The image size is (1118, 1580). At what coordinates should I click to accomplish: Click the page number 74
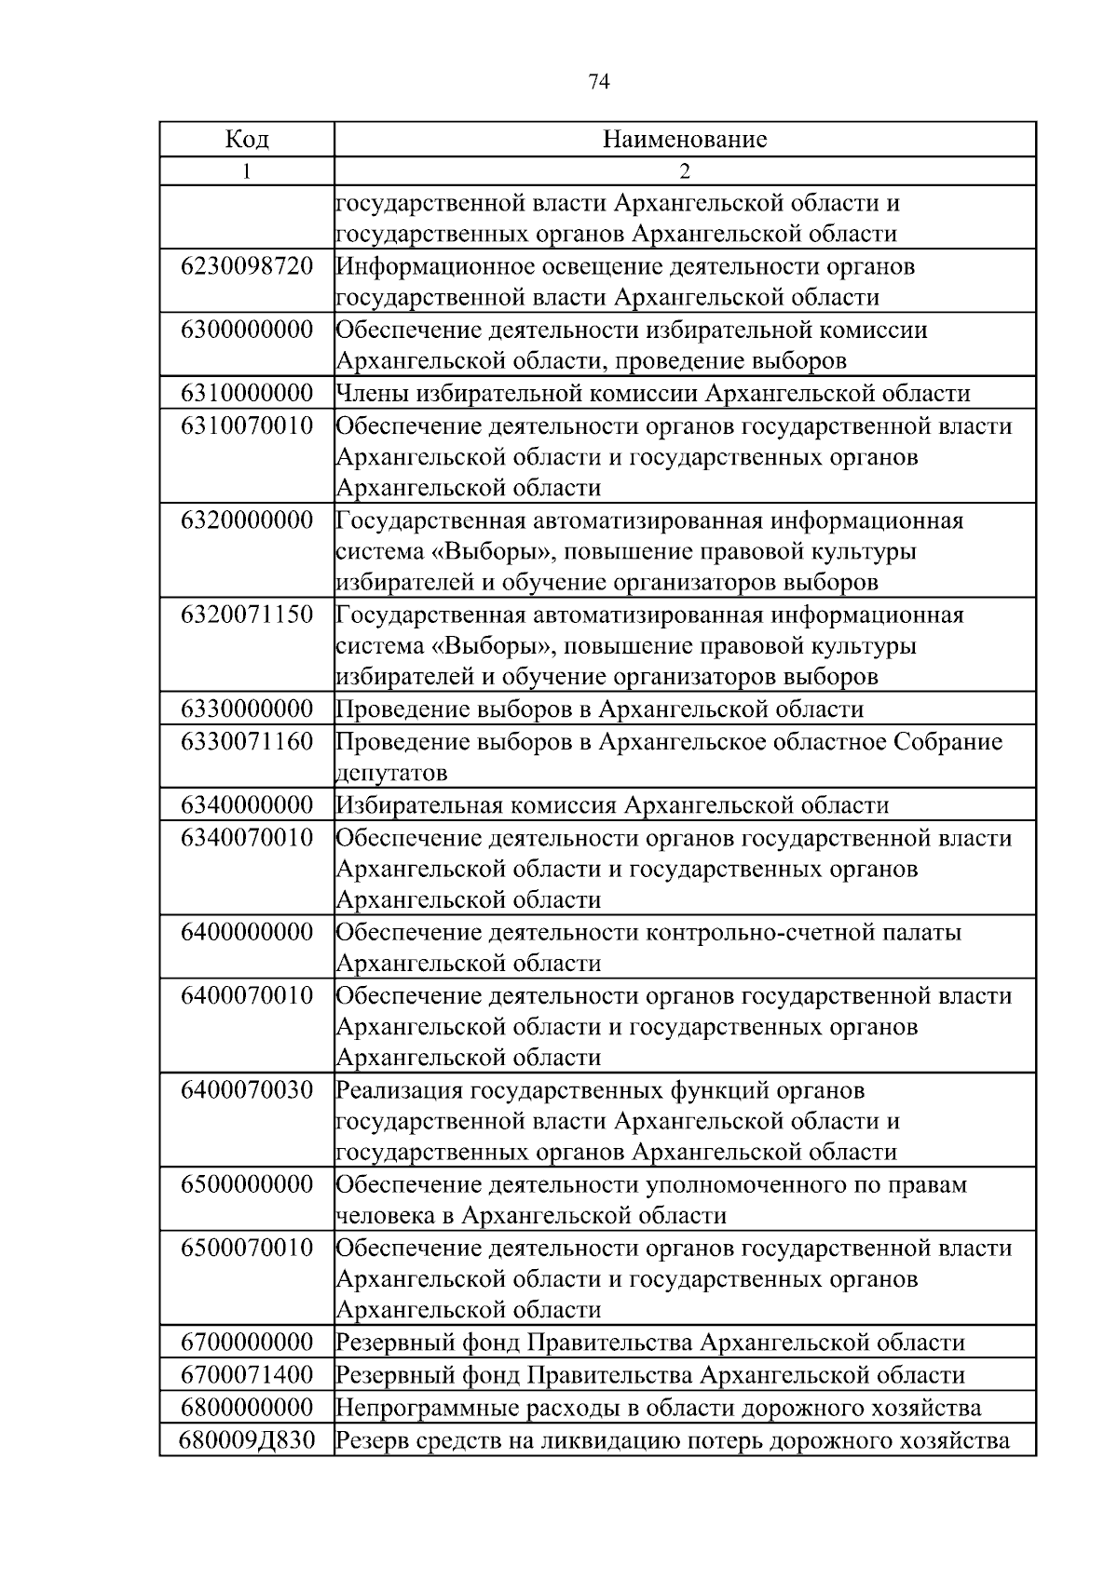coord(599,83)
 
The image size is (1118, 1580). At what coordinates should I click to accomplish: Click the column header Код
coord(247,140)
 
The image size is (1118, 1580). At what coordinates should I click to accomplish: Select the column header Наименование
coord(685,140)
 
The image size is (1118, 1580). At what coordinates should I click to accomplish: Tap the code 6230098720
coord(247,266)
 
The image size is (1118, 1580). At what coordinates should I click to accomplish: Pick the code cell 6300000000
coord(247,330)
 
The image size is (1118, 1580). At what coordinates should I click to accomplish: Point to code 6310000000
coord(247,393)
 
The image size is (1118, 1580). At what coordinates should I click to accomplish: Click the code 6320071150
coord(247,614)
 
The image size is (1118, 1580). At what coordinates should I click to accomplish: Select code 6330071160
coord(247,741)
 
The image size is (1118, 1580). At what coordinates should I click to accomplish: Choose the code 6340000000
coord(247,804)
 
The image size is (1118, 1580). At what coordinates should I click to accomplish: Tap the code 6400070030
coord(247,1089)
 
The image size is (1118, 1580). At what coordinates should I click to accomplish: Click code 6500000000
coord(247,1184)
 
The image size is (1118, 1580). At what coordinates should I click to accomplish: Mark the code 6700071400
coord(247,1374)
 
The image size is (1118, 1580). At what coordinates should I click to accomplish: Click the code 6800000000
coord(247,1406)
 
